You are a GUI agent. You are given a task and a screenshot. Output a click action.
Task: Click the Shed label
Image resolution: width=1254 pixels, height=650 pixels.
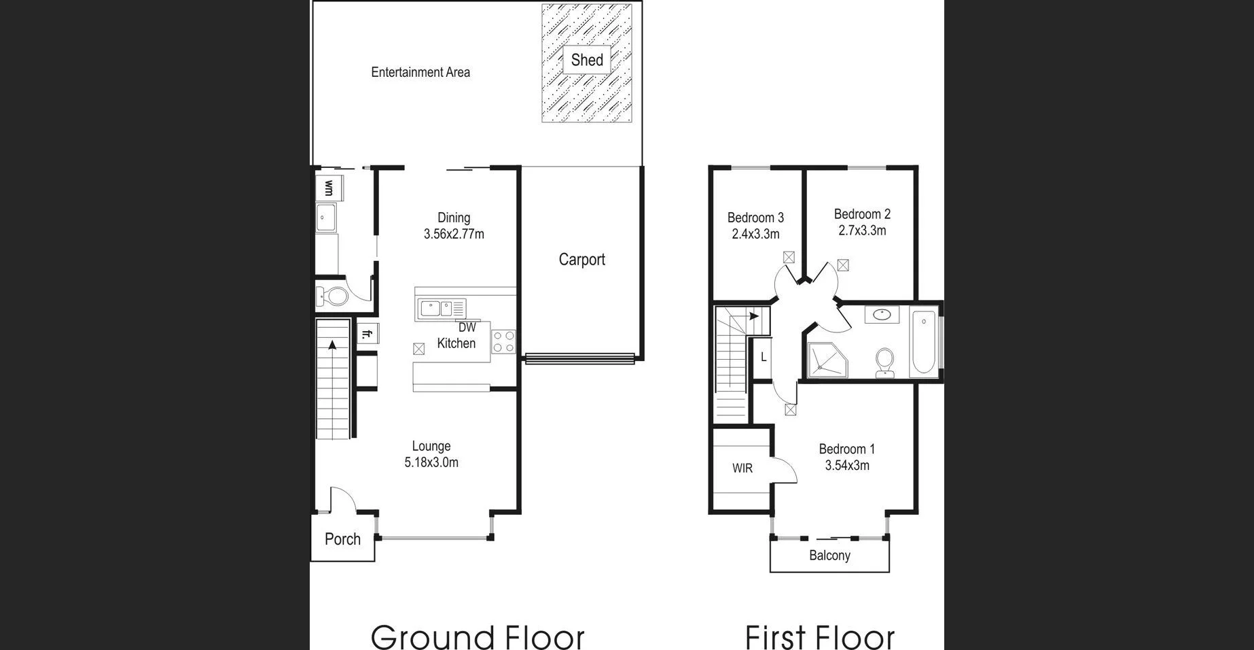coord(587,60)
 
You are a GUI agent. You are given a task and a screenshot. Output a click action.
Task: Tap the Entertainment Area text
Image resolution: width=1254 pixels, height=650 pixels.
coord(420,72)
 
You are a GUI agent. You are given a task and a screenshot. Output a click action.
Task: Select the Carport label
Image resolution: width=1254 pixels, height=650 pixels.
coord(581,259)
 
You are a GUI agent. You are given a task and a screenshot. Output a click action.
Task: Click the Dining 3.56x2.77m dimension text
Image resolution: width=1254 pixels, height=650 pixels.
coord(454,234)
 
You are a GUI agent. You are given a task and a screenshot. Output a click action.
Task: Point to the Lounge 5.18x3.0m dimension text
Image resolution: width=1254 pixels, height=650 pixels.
coord(431,462)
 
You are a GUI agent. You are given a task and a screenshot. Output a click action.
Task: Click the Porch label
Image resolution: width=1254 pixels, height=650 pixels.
coord(342,539)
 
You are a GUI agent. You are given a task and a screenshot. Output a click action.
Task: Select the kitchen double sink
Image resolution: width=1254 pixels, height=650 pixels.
coord(435,309)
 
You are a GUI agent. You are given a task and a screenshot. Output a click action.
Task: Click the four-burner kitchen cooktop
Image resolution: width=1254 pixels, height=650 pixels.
coord(503,341)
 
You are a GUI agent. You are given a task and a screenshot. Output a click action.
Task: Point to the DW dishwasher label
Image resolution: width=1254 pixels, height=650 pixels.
coord(467,327)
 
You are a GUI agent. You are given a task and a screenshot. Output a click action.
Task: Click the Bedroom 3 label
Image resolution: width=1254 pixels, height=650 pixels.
coord(755,218)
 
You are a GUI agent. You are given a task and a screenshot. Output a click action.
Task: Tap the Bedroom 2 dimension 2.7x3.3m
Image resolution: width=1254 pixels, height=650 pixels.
coord(862,230)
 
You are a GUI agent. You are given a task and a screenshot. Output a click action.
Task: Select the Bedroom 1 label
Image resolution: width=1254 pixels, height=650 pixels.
coord(846,449)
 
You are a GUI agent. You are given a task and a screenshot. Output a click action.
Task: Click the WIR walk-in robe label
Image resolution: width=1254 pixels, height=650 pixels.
coord(742,468)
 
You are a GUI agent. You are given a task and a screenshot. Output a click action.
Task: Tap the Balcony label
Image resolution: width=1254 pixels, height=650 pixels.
coord(829,555)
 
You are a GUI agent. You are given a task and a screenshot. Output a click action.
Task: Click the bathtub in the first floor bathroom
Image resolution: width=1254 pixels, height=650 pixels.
coord(924,343)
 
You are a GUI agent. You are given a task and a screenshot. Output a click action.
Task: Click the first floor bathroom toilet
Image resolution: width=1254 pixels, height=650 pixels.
coord(884,362)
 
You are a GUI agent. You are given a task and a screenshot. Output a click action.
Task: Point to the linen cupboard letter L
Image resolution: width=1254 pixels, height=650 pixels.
coord(764,357)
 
